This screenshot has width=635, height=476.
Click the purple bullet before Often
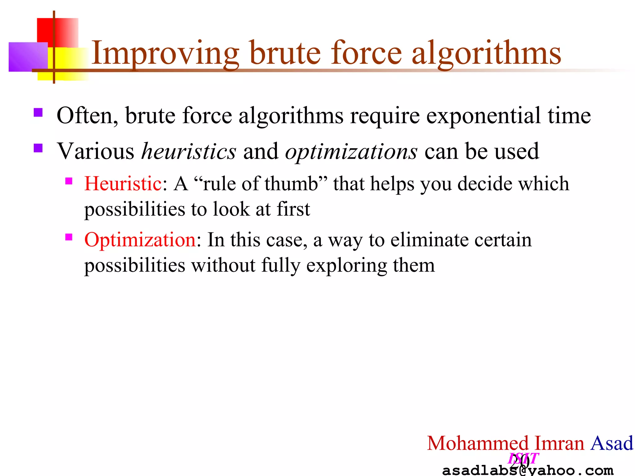(38, 112)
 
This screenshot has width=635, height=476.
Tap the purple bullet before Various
(38, 148)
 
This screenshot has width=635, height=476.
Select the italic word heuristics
(189, 152)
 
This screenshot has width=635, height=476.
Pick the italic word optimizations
(351, 152)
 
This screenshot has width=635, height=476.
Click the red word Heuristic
(123, 183)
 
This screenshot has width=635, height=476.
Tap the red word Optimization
(140, 240)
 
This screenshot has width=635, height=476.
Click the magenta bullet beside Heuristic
(69, 181)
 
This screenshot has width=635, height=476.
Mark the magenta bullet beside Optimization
(69, 237)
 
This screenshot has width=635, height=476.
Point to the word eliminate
(429, 240)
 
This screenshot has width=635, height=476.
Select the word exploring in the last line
(346, 266)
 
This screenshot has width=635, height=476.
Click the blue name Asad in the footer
(611, 443)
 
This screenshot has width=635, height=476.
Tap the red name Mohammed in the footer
(477, 443)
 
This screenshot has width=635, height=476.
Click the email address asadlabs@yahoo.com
(527, 470)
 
